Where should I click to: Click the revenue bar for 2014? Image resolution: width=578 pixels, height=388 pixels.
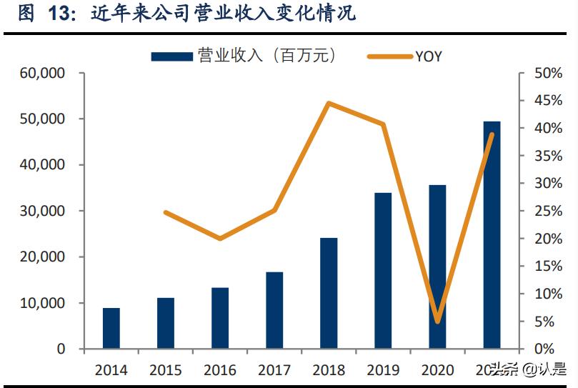pos(111,329)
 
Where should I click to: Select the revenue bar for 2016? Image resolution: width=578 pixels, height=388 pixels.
pos(220,319)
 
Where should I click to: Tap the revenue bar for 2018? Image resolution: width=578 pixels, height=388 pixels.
pos(329,294)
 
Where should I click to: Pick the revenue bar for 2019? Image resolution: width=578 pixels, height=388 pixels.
pos(383,271)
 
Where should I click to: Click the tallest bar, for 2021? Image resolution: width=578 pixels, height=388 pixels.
pos(492,235)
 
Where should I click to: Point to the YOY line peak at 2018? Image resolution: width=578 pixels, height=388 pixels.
pos(328,104)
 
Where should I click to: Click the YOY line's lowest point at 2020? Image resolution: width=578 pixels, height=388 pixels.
pos(437,322)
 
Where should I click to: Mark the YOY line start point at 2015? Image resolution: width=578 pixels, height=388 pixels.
pos(166,212)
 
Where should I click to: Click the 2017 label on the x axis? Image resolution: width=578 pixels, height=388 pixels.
pos(274,370)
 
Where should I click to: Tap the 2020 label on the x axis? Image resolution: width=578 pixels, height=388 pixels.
pos(437,370)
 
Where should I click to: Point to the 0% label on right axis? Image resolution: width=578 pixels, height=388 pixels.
pos(545,349)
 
